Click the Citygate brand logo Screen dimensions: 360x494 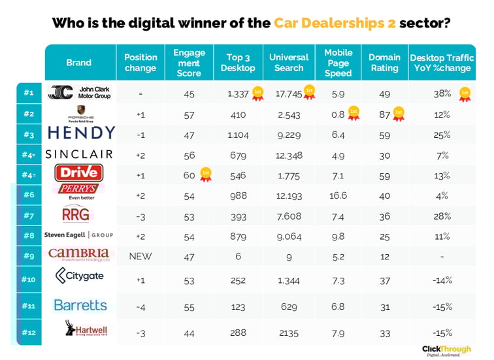click(80, 276)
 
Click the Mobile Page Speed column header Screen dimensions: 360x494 click(338, 63)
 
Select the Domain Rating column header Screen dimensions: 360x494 click(384, 63)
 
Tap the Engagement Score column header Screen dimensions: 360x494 click(189, 63)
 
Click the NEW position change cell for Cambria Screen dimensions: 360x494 click(140, 255)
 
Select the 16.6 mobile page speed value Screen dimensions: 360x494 click(338, 195)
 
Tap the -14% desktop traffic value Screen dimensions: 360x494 click(442, 280)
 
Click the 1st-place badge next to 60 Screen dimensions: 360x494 click(205, 174)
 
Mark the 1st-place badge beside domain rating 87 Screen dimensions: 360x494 click(399, 113)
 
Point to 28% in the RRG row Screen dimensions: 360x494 click(442, 216)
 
